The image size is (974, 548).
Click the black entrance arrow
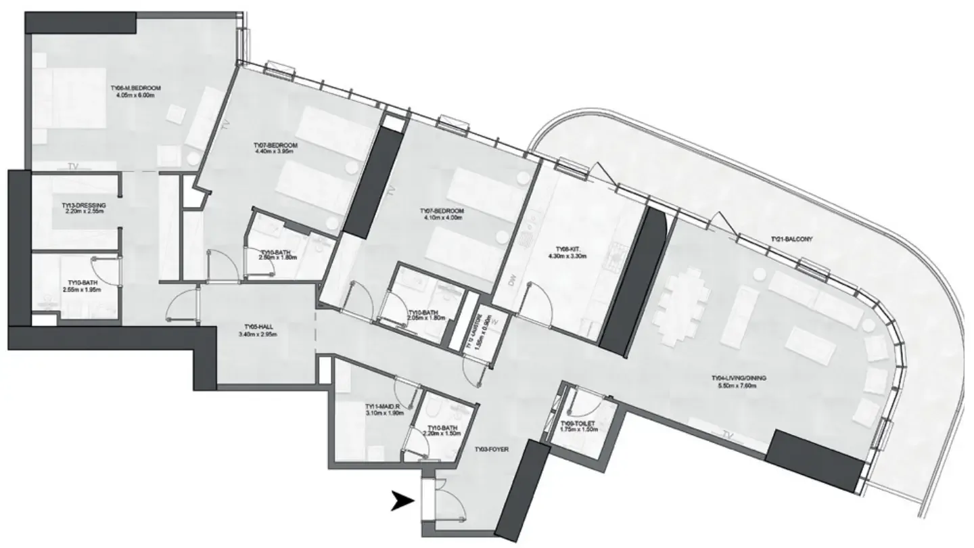click(x=404, y=502)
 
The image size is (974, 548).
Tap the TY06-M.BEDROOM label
click(x=136, y=87)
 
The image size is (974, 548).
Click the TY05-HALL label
click(x=255, y=326)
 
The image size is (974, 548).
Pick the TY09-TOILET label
click(x=578, y=423)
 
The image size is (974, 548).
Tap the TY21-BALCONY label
click(x=791, y=239)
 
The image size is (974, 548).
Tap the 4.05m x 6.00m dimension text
click(x=136, y=95)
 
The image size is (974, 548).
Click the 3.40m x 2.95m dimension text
click(x=255, y=334)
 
